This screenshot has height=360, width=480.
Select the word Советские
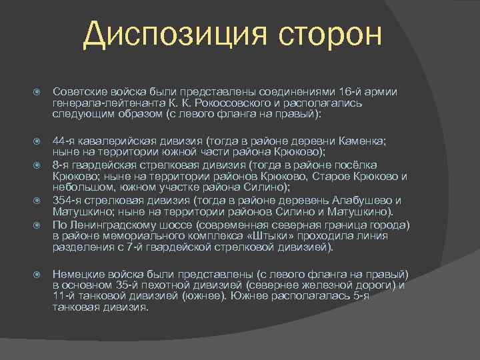click(x=78, y=91)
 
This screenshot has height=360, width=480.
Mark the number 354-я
click(x=67, y=201)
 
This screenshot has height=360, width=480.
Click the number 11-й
click(x=63, y=297)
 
